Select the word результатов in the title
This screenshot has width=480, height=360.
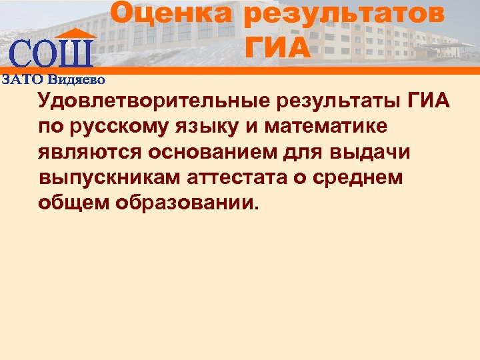point(343,15)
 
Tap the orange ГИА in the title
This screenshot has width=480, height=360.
point(278,47)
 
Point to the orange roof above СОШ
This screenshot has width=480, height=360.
point(73,33)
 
